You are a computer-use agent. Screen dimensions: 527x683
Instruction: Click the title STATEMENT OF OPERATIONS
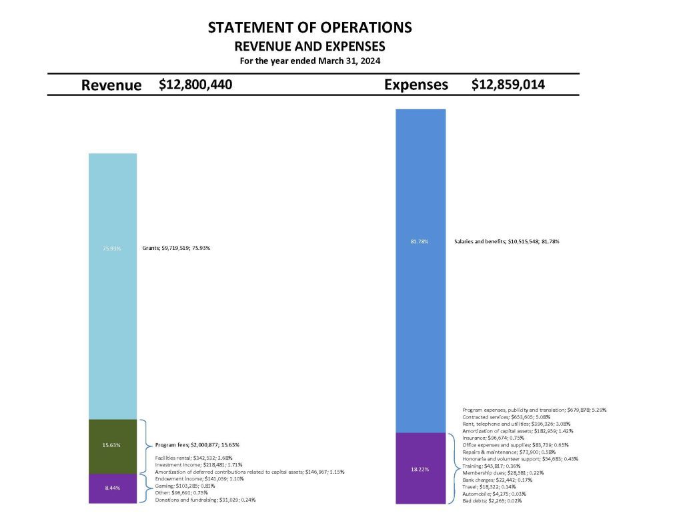coord(309,28)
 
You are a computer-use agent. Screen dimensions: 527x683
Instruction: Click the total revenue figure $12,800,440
coord(195,85)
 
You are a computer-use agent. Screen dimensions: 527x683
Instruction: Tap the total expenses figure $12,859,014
coord(508,85)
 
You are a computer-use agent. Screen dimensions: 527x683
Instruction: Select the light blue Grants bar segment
coord(113,286)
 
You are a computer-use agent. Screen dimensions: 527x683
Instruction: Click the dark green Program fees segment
coord(113,445)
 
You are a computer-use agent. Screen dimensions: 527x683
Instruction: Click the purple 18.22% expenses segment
coord(420,468)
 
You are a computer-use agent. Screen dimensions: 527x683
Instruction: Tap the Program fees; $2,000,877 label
coord(197,444)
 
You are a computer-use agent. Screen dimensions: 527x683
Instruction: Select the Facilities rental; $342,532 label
coord(193,458)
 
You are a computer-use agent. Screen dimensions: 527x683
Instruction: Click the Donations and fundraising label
coord(205,499)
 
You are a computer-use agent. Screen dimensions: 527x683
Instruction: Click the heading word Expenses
coord(416,85)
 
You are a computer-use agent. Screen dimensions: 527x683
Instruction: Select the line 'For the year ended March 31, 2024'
coord(309,61)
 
